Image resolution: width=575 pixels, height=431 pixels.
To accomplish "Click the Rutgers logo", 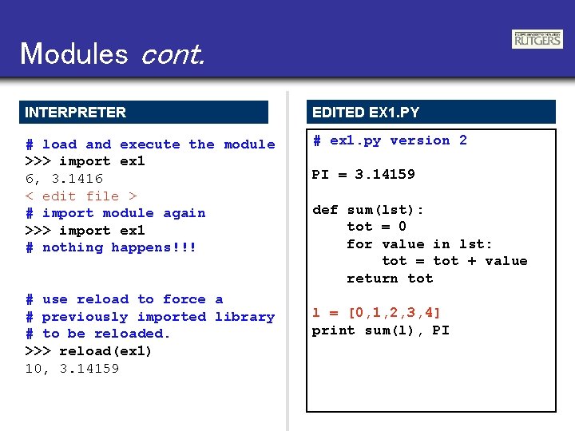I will [537, 39].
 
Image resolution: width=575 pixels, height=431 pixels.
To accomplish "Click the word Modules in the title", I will [73, 53].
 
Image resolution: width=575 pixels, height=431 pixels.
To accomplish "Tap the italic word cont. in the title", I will [172, 53].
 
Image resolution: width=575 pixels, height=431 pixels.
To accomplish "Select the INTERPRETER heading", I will [75, 113].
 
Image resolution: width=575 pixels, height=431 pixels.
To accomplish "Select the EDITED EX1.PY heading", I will [366, 113].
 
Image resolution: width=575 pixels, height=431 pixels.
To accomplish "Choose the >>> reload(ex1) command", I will [89, 351].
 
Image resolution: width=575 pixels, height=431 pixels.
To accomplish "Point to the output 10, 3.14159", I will [72, 369].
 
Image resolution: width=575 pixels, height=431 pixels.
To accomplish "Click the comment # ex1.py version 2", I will [390, 140].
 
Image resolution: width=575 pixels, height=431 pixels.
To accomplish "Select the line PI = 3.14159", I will [363, 175].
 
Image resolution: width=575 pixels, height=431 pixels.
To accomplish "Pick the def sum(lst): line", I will [368, 210].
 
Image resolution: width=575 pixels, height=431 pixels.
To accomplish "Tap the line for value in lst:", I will [419, 244].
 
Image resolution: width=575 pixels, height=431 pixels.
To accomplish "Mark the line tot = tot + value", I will [454, 261].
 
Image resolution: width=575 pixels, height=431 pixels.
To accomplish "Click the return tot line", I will [390, 279].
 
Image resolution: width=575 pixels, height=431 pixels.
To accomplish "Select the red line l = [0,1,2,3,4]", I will [376, 313].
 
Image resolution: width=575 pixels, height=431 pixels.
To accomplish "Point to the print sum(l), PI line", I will [380, 330].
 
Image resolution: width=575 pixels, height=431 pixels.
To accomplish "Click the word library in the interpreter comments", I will [244, 317].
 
